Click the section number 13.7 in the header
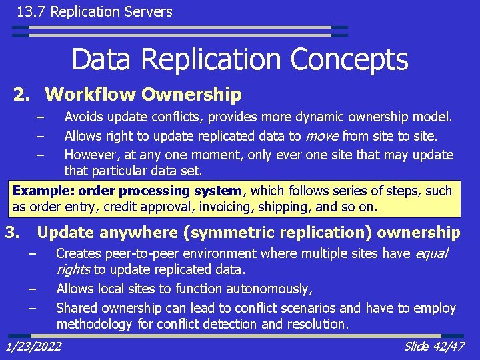(x=31, y=11)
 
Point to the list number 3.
(x=11, y=233)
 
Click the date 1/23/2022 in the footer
(x=33, y=346)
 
